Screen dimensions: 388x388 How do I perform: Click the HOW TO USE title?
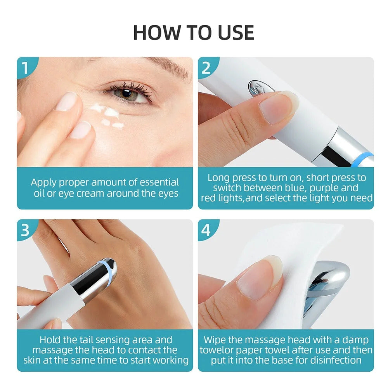[x=194, y=33]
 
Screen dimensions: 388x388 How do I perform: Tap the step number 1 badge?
[x=25, y=68]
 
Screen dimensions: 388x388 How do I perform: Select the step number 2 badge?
[x=206, y=68]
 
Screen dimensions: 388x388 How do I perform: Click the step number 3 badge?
[x=25, y=230]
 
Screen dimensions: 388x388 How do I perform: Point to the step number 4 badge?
[x=206, y=230]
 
